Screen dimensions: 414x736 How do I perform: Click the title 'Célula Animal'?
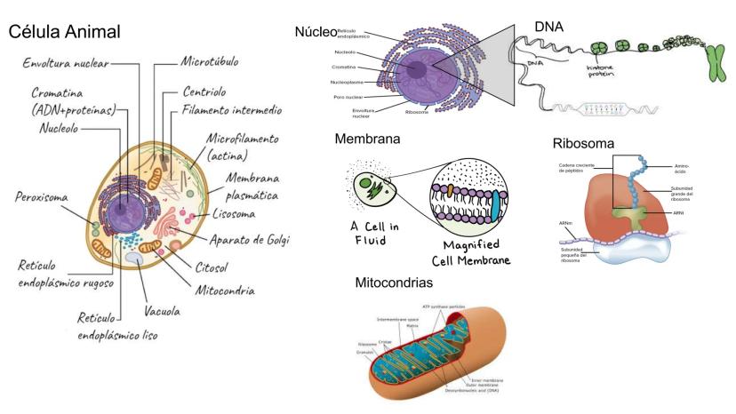coord(65,32)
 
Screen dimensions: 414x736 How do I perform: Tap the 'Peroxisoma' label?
coord(42,196)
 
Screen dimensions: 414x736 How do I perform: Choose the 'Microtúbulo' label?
coord(211,63)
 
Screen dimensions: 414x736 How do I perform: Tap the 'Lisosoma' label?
coord(235,214)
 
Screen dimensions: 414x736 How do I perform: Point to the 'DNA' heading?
coord(549,27)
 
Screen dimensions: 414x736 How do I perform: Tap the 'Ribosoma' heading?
coord(583,143)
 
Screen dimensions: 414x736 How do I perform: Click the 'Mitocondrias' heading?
coord(394,283)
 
